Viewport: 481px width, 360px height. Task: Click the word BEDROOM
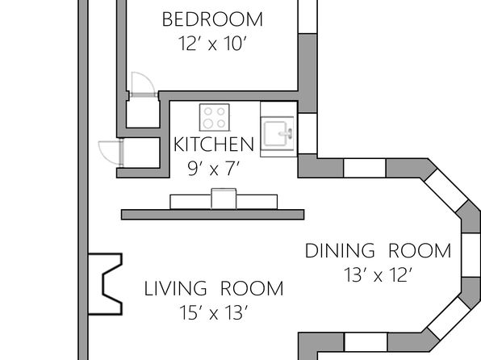coord(212,19)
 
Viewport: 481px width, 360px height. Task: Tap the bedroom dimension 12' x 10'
coord(212,44)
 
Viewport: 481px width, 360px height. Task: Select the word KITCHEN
coord(214,144)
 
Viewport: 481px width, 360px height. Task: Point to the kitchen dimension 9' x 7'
coord(214,169)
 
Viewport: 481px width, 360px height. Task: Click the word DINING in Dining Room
coord(340,250)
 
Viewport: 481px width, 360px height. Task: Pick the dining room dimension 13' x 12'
coord(378,274)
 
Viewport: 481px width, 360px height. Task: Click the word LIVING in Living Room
coord(175,288)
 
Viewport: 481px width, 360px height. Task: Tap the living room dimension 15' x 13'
coord(214,312)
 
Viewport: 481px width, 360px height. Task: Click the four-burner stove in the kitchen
coord(215,117)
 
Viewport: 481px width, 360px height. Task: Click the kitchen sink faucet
coord(287,134)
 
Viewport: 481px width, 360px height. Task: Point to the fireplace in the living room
coord(105,284)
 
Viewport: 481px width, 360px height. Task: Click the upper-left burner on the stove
coord(208,111)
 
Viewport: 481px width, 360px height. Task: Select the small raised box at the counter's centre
coord(224,199)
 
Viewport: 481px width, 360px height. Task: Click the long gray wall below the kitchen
coord(212,215)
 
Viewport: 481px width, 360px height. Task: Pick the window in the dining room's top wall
coord(365,168)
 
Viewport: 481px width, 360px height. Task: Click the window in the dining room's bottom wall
coord(366,342)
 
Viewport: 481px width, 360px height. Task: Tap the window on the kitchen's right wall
coord(307,133)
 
